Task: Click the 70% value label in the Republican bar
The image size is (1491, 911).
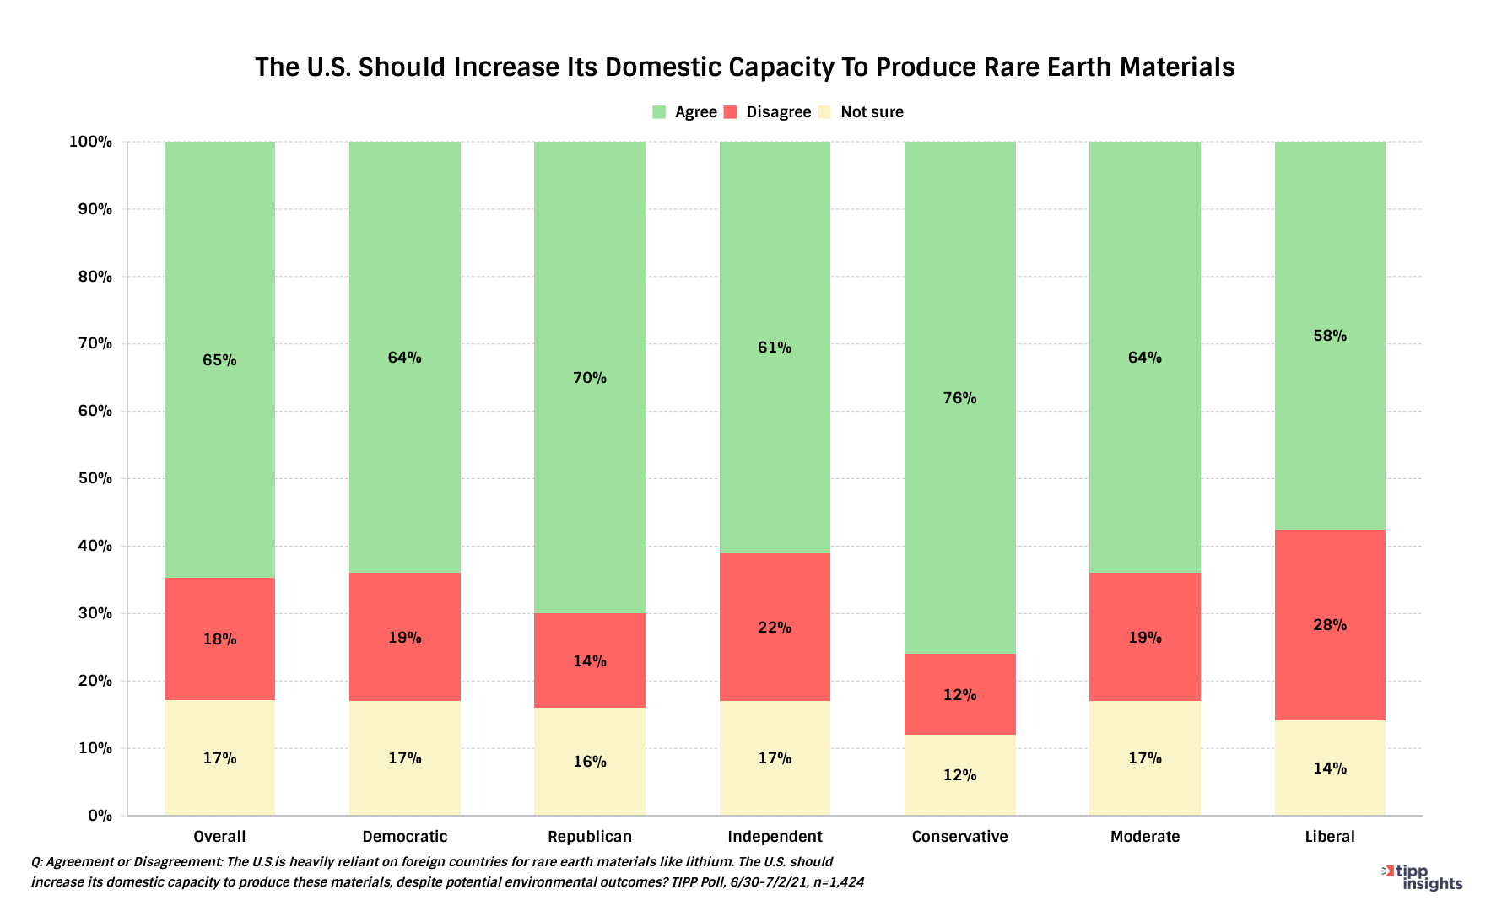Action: [589, 378]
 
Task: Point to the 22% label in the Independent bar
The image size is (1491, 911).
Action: [775, 628]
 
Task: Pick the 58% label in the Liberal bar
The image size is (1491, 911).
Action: [1330, 336]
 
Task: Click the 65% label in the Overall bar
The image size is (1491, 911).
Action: [219, 360]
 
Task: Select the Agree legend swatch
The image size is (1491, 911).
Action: [659, 112]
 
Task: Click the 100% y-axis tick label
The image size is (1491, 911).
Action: [90, 142]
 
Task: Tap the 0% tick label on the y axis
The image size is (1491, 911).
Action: [100, 816]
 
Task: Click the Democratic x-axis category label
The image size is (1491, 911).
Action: [404, 837]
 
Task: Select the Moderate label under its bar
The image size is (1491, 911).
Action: [1145, 837]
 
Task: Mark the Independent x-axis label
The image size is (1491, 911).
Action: [775, 837]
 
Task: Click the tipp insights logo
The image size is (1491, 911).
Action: [1423, 877]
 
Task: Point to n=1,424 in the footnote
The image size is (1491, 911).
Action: [838, 882]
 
